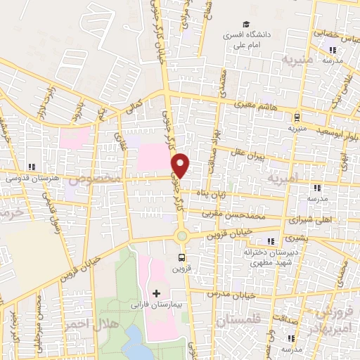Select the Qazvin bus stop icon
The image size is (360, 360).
coord(182,257)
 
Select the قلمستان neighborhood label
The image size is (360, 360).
coord(240,321)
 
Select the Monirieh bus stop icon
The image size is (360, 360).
coord(298,117)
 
